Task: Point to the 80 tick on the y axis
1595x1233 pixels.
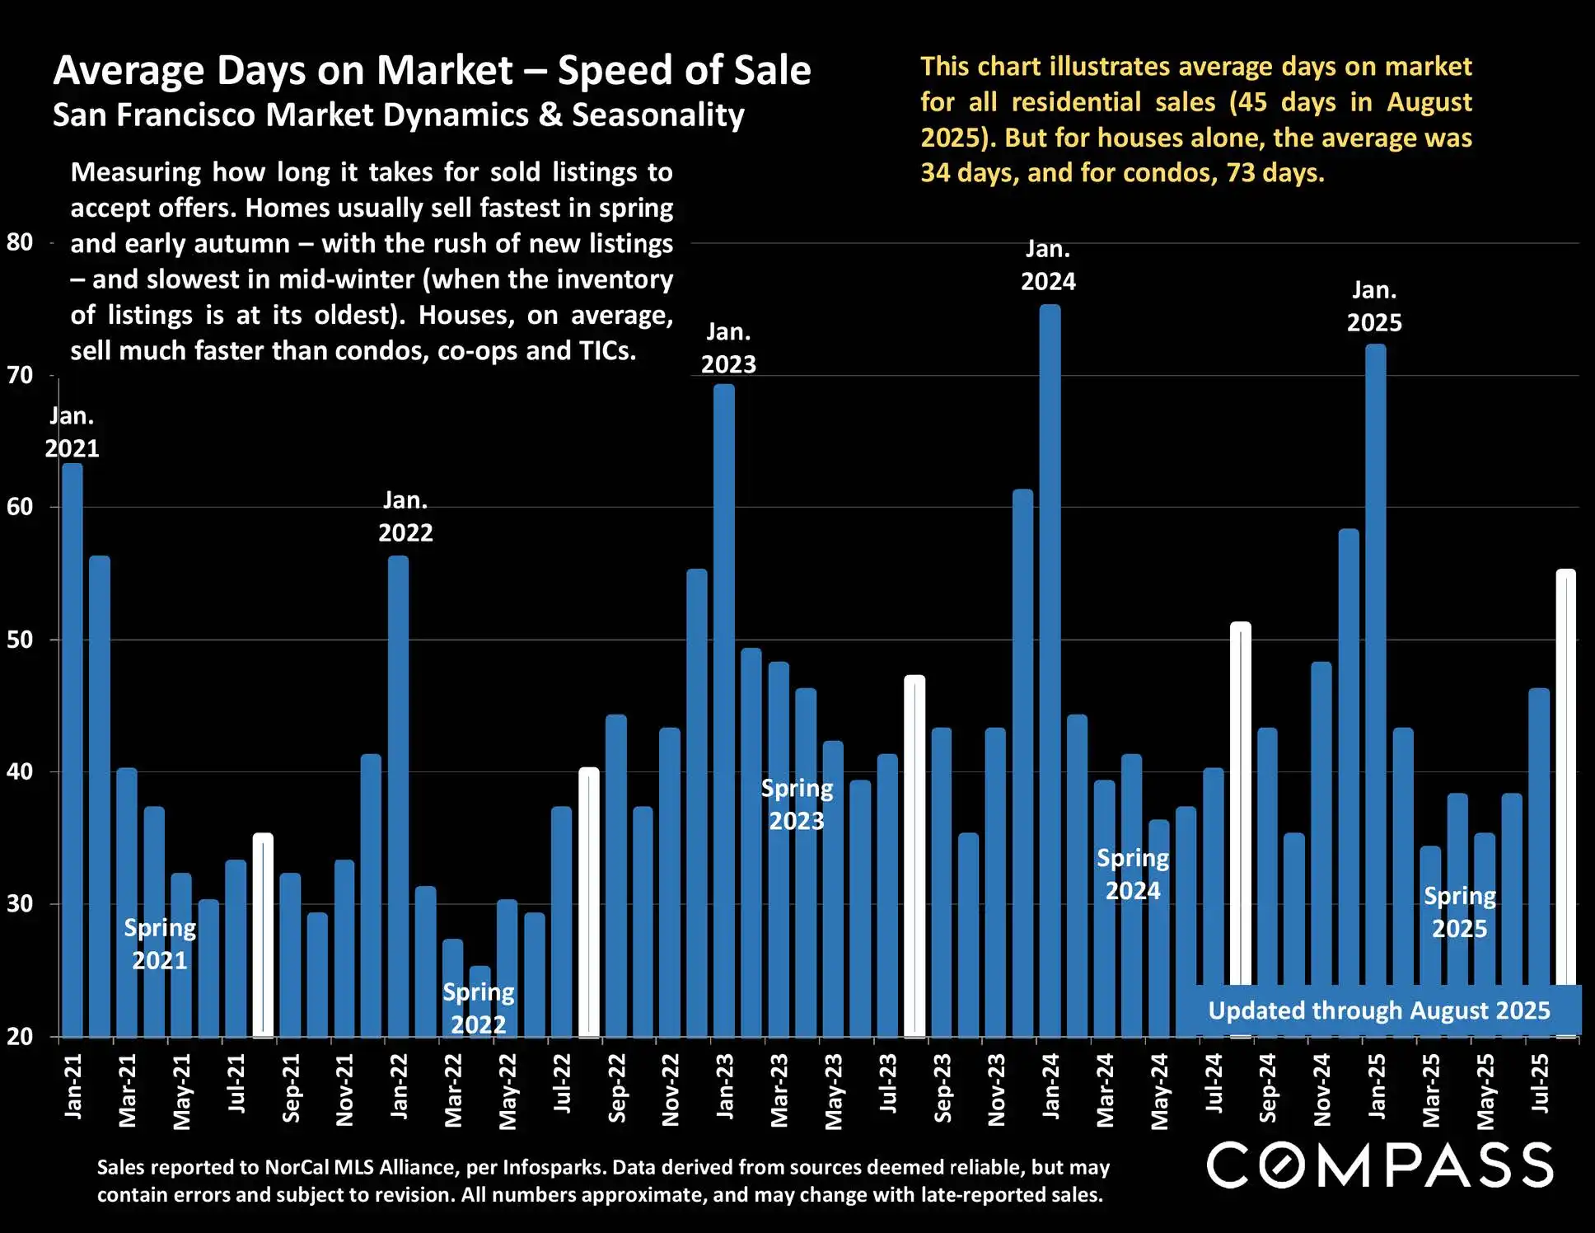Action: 20,242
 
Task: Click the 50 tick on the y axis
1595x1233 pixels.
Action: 20,640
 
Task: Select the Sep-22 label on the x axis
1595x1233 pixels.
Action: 616,1088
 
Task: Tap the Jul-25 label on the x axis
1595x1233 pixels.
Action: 1539,1083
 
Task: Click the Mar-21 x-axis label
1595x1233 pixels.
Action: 127,1090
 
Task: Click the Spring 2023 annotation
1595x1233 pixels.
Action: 797,804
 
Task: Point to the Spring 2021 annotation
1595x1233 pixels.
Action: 160,944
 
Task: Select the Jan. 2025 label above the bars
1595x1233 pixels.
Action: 1374,307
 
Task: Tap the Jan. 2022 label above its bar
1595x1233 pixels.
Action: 405,517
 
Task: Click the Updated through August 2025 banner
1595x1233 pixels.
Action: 1378,1010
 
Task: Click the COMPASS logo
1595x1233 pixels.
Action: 1380,1165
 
